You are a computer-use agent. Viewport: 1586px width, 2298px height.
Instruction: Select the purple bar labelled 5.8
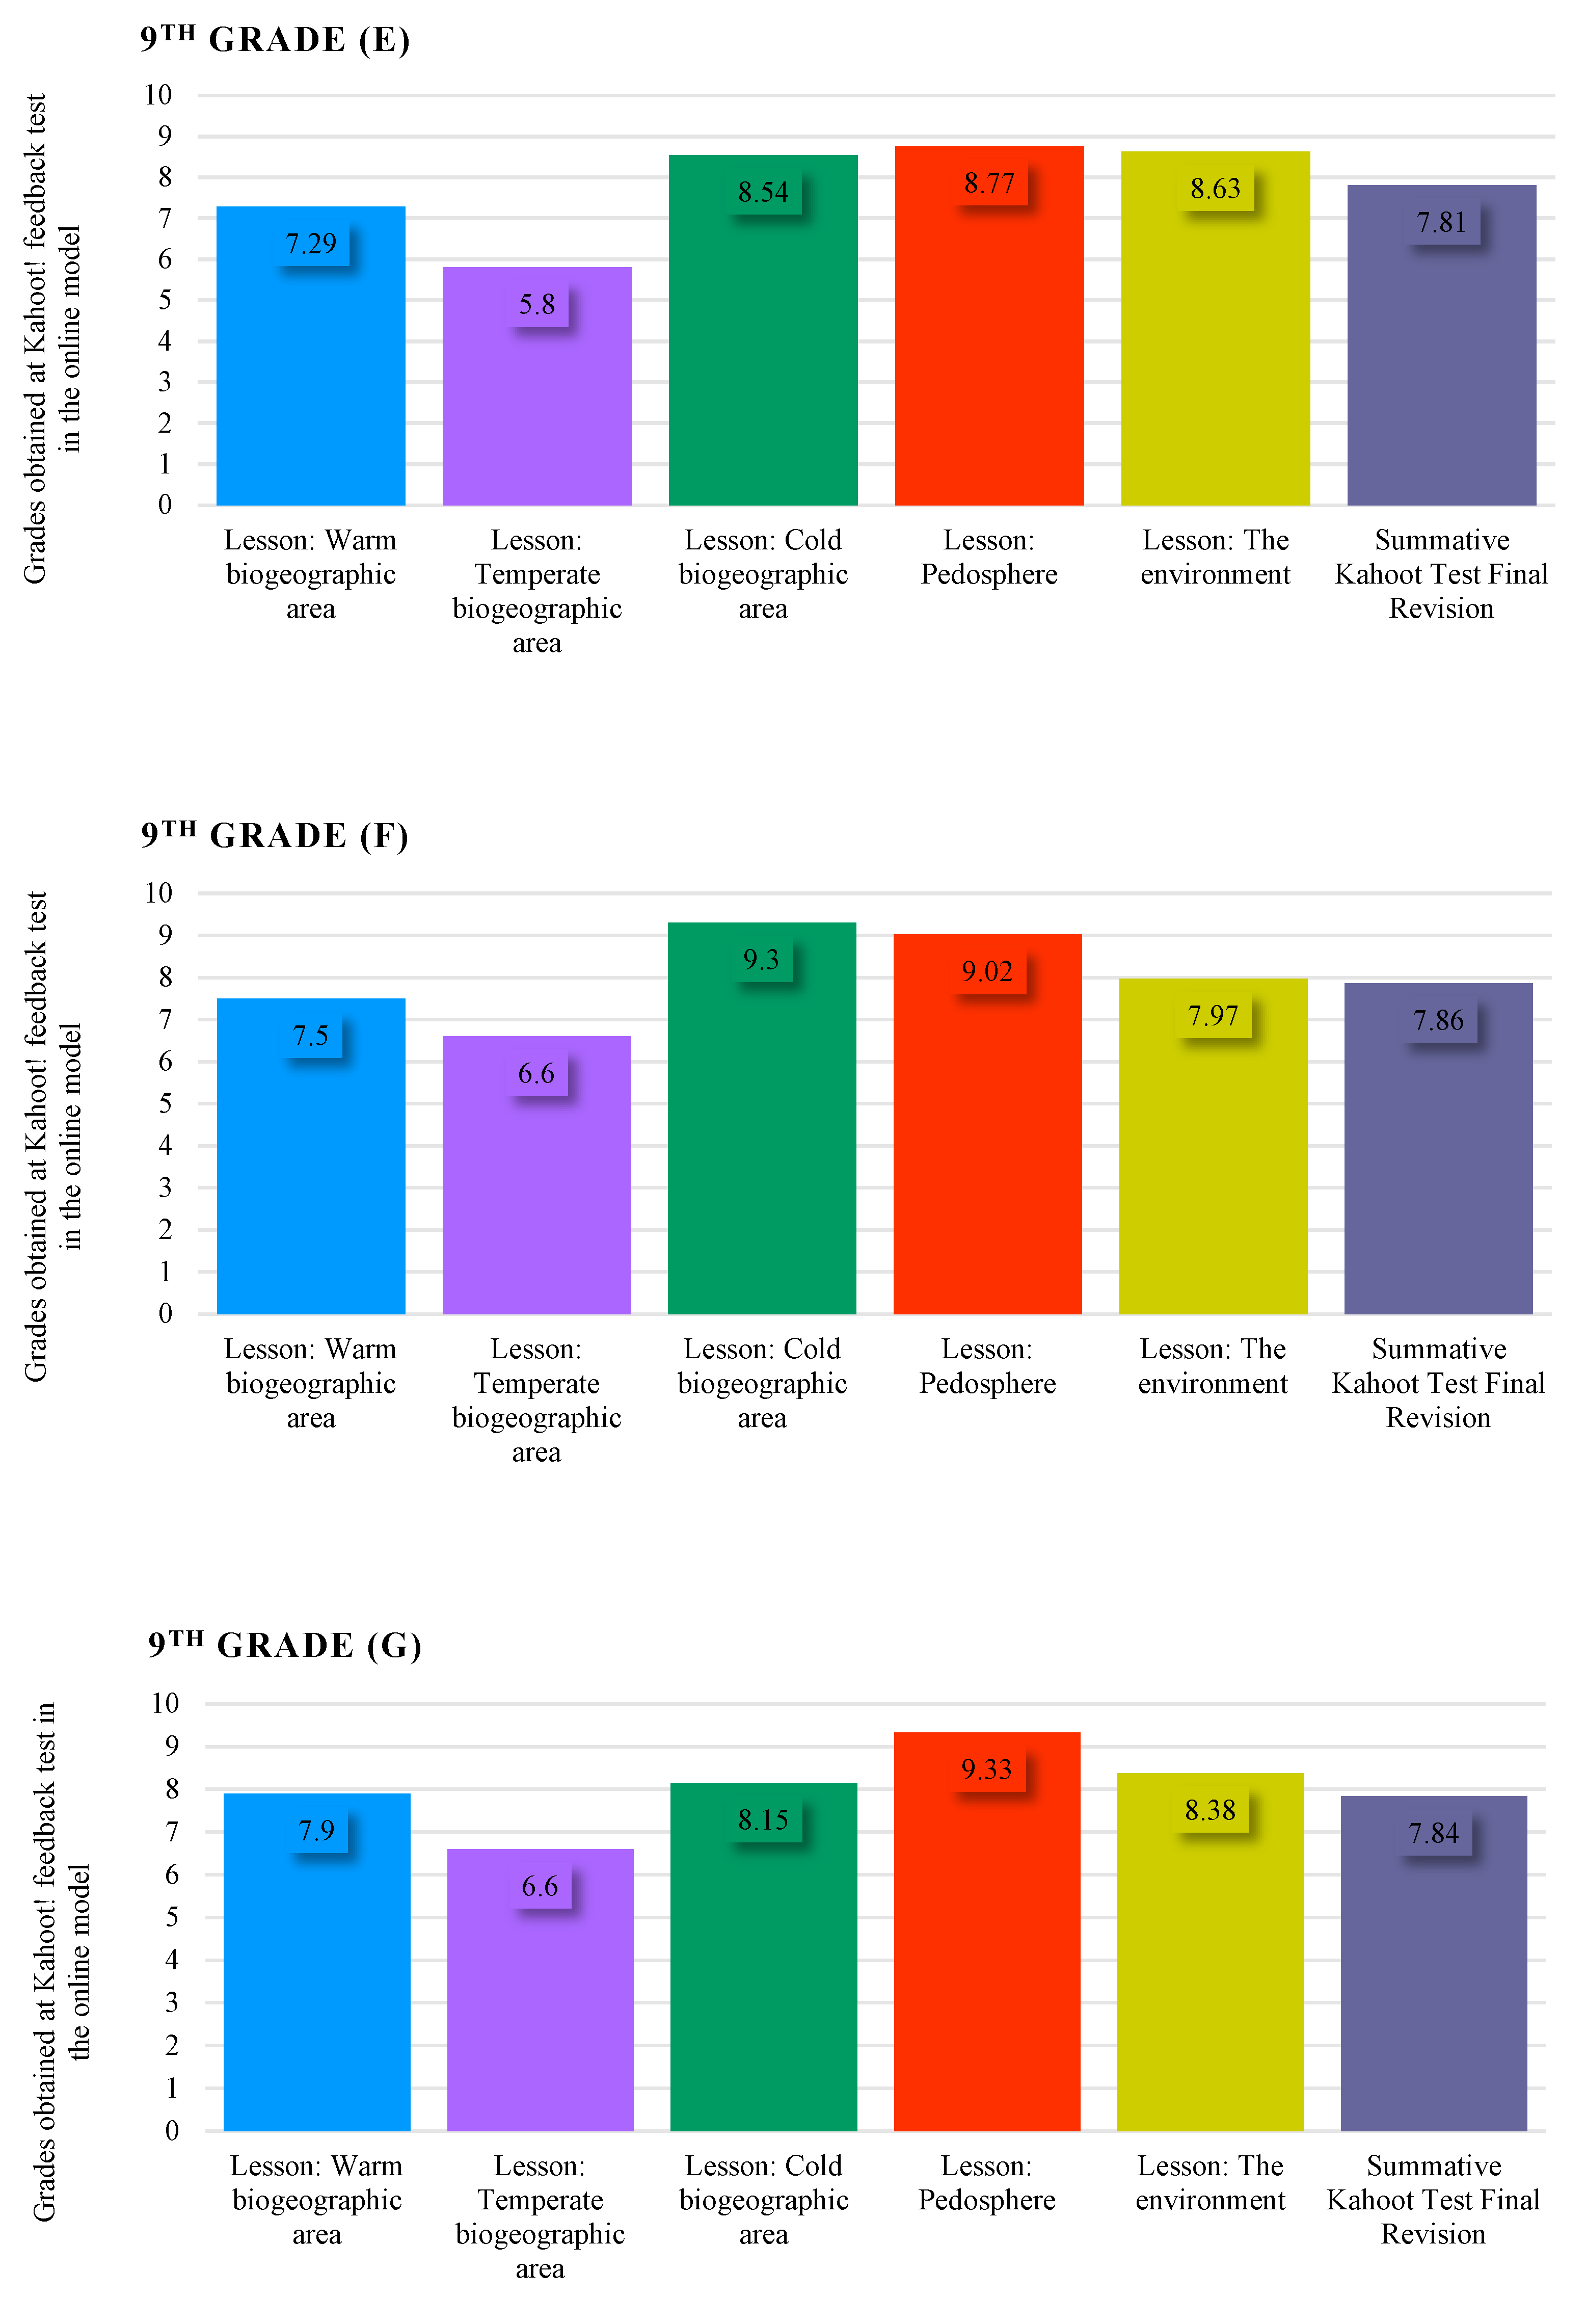[536, 398]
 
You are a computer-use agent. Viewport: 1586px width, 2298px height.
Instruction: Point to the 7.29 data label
[311, 244]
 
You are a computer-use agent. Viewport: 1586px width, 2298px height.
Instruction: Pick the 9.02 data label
[987, 971]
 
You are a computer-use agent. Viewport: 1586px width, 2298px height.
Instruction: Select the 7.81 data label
[1441, 222]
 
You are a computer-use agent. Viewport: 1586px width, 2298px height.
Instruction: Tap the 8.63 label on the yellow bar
[1215, 188]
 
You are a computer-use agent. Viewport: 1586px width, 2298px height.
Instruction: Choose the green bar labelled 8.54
[763, 348]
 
